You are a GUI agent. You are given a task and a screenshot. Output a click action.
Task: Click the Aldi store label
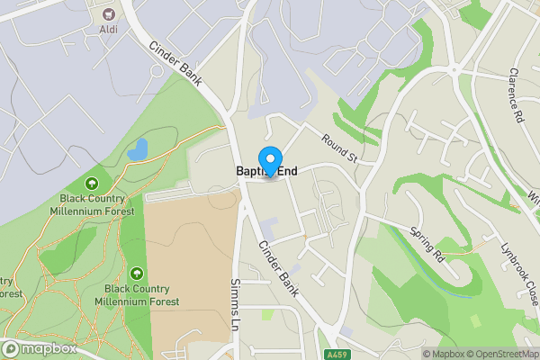point(108,29)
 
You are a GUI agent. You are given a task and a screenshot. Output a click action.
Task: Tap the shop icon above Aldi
point(109,13)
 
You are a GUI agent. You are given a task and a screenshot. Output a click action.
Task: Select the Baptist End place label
point(266,170)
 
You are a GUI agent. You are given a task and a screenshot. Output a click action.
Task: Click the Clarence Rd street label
point(516,94)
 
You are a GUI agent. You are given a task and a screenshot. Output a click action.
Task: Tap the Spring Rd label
point(427,243)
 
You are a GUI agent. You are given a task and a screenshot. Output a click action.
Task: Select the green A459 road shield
point(337,354)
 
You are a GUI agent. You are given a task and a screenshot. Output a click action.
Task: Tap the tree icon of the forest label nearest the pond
point(96,183)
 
